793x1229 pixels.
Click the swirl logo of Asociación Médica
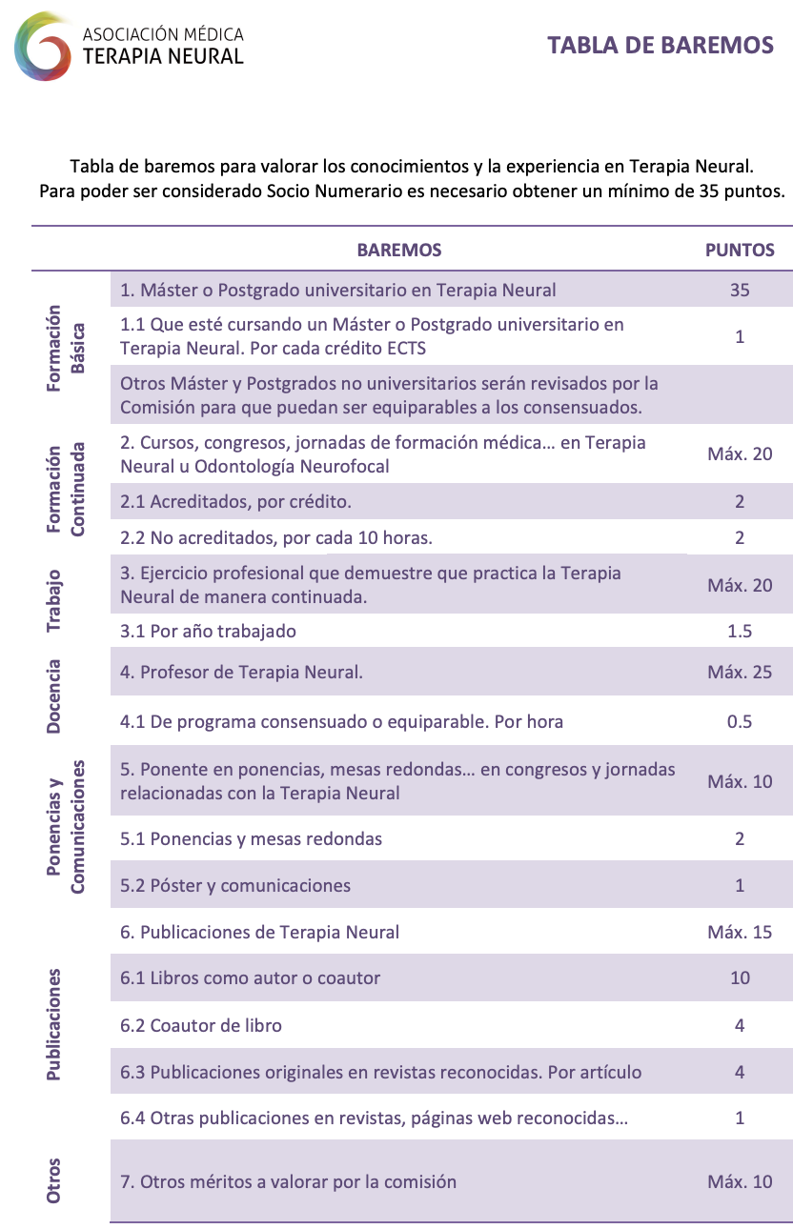click(44, 46)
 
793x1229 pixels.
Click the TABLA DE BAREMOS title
click(660, 45)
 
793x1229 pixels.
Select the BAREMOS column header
click(398, 250)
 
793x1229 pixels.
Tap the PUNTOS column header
click(740, 250)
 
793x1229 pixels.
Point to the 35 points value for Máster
click(740, 290)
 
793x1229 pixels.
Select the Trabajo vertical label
click(54, 601)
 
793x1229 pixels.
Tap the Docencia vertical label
click(54, 695)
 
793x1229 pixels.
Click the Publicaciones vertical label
click(54, 1025)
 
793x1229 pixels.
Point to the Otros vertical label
click(54, 1179)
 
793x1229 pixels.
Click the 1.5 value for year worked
click(740, 631)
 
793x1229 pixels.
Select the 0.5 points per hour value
click(740, 721)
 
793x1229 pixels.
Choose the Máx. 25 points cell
click(740, 672)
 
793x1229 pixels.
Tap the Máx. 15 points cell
click(740, 932)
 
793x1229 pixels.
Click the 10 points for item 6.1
click(740, 977)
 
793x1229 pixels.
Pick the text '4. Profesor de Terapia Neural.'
click(241, 672)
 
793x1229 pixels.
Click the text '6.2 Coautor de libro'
click(201, 1025)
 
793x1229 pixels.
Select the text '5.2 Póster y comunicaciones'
click(235, 885)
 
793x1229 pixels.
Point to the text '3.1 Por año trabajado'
click(208, 631)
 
